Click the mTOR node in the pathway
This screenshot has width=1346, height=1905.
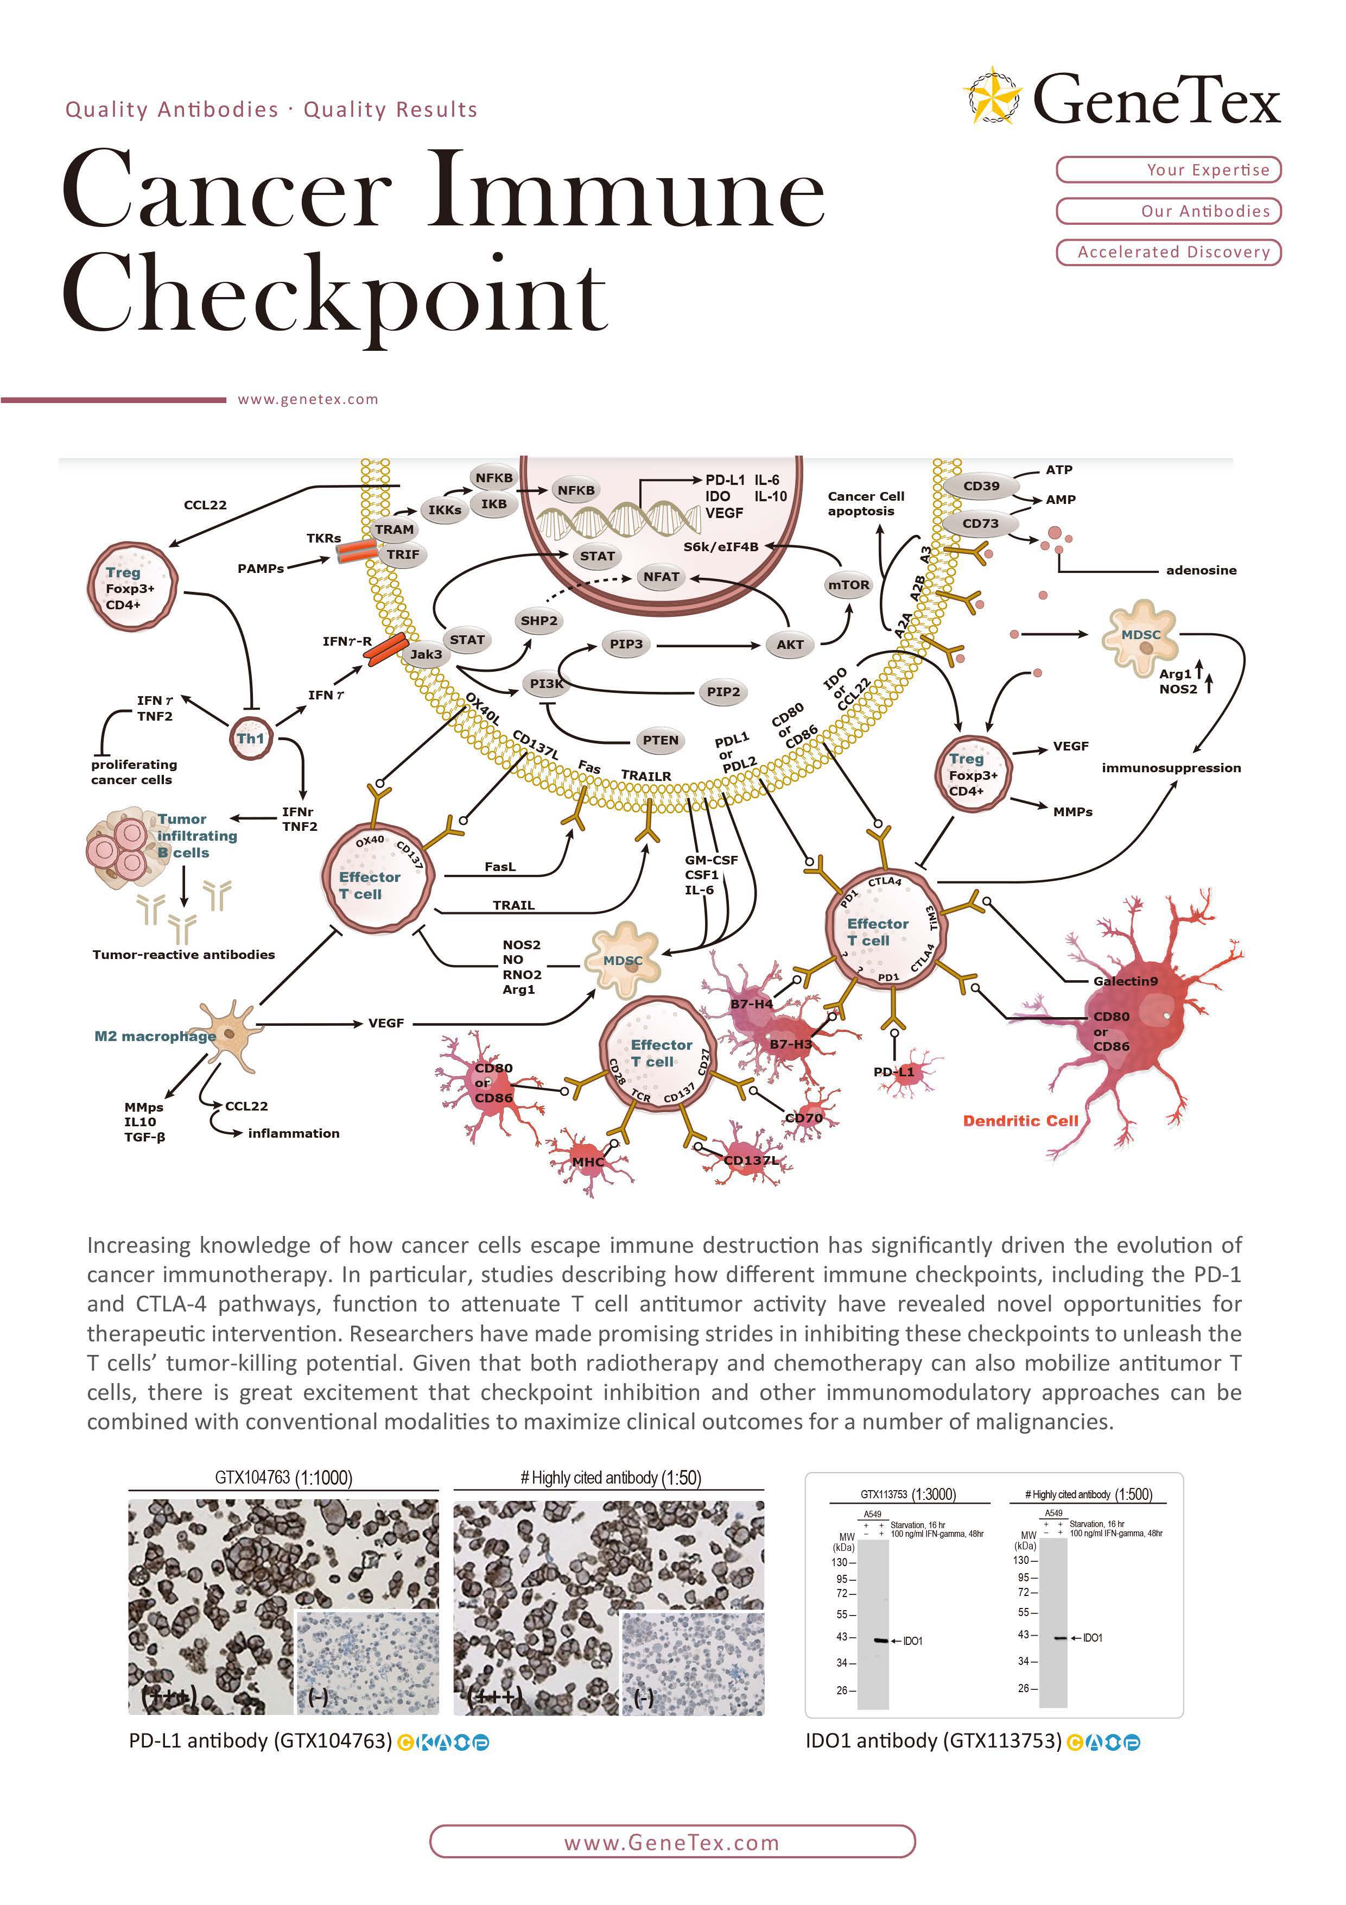click(x=848, y=585)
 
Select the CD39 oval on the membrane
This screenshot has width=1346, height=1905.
click(x=981, y=486)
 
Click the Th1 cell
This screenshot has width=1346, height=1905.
click(x=250, y=737)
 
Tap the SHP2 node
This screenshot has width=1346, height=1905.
click(x=539, y=621)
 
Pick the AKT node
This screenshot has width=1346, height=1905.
click(x=790, y=645)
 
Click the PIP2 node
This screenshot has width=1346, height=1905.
click(x=723, y=692)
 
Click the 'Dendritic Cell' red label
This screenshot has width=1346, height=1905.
click(x=1020, y=1121)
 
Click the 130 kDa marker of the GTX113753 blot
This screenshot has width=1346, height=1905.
click(x=840, y=1562)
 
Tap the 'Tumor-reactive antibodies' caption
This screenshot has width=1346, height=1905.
click(x=183, y=955)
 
